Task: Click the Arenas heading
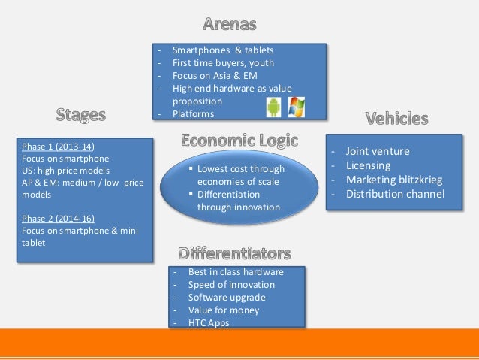pyautogui.click(x=239, y=25)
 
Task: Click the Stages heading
pyautogui.click(x=80, y=115)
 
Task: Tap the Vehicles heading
pyautogui.click(x=396, y=118)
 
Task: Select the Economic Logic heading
pyautogui.click(x=239, y=141)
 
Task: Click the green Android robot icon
pyautogui.click(x=273, y=107)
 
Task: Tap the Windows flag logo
pyautogui.click(x=297, y=107)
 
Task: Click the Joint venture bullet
pyautogui.click(x=377, y=151)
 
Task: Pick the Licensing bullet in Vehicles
pyautogui.click(x=368, y=165)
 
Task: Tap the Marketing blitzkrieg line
pyautogui.click(x=393, y=180)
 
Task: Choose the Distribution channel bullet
pyautogui.click(x=395, y=194)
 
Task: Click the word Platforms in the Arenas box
pyautogui.click(x=193, y=114)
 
